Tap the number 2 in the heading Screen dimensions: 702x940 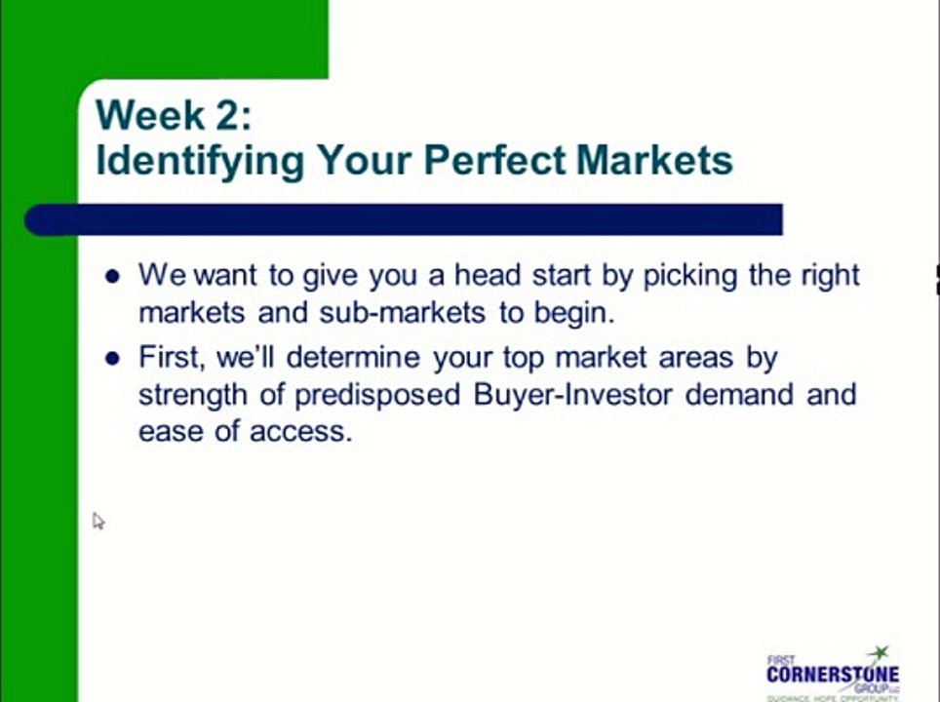click(232, 115)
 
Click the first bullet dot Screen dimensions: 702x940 click(112, 276)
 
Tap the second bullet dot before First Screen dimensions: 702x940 click(112, 359)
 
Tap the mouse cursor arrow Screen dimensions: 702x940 click(98, 521)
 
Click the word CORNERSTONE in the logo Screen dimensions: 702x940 click(832, 674)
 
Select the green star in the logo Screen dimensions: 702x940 click(880, 651)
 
